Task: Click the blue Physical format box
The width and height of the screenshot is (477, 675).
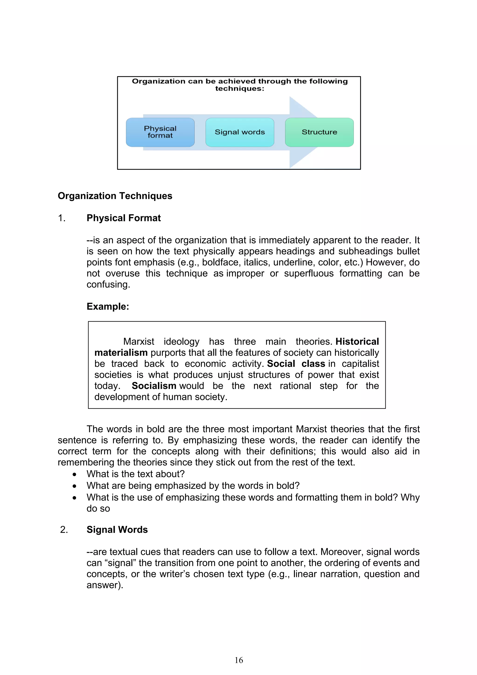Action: pyautogui.click(x=160, y=132)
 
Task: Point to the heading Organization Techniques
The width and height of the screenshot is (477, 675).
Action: pyautogui.click(x=115, y=196)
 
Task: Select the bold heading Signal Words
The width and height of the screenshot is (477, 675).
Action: pyautogui.click(x=117, y=529)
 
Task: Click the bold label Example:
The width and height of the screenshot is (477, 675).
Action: pyautogui.click(x=108, y=306)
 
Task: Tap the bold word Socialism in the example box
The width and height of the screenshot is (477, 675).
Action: pyautogui.click(x=154, y=386)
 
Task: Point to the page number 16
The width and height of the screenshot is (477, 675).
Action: pyautogui.click(x=239, y=660)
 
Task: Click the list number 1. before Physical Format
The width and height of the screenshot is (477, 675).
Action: pyautogui.click(x=61, y=218)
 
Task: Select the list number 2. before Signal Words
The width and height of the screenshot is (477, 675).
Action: pyautogui.click(x=64, y=530)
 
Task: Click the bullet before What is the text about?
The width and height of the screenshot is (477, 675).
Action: pyautogui.click(x=75, y=474)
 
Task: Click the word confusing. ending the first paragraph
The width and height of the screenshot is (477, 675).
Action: pyautogui.click(x=108, y=284)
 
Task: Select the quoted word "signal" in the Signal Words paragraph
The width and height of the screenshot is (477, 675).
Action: pyautogui.click(x=120, y=563)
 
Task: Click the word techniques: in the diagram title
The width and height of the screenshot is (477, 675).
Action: pyautogui.click(x=239, y=89)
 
